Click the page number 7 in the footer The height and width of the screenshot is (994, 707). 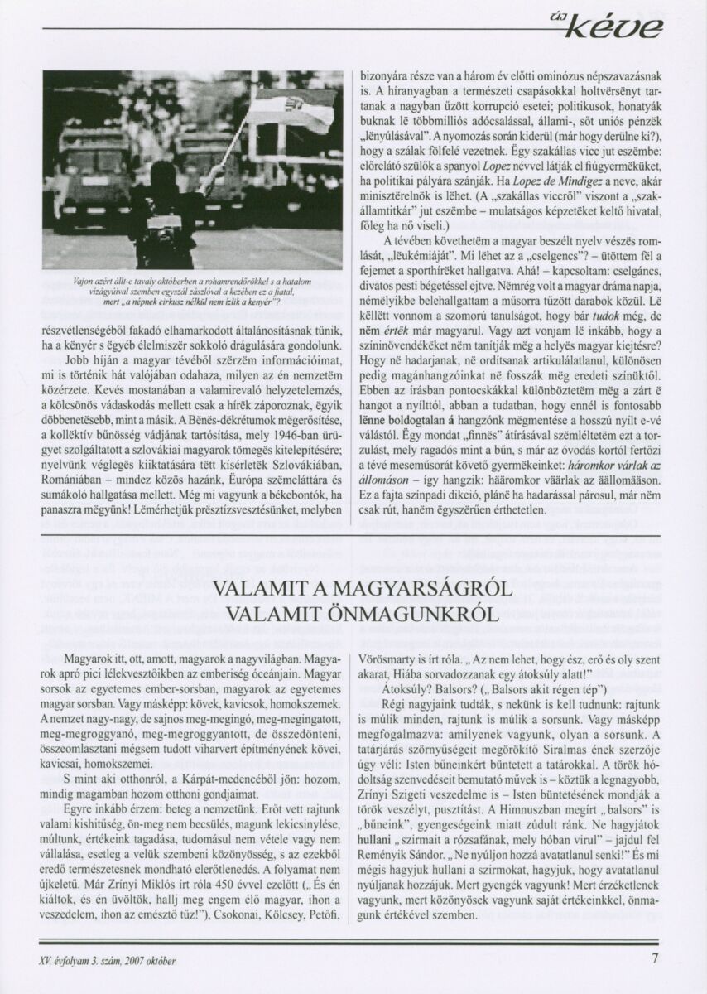click(654, 961)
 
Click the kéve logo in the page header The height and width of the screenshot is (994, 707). click(627, 28)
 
